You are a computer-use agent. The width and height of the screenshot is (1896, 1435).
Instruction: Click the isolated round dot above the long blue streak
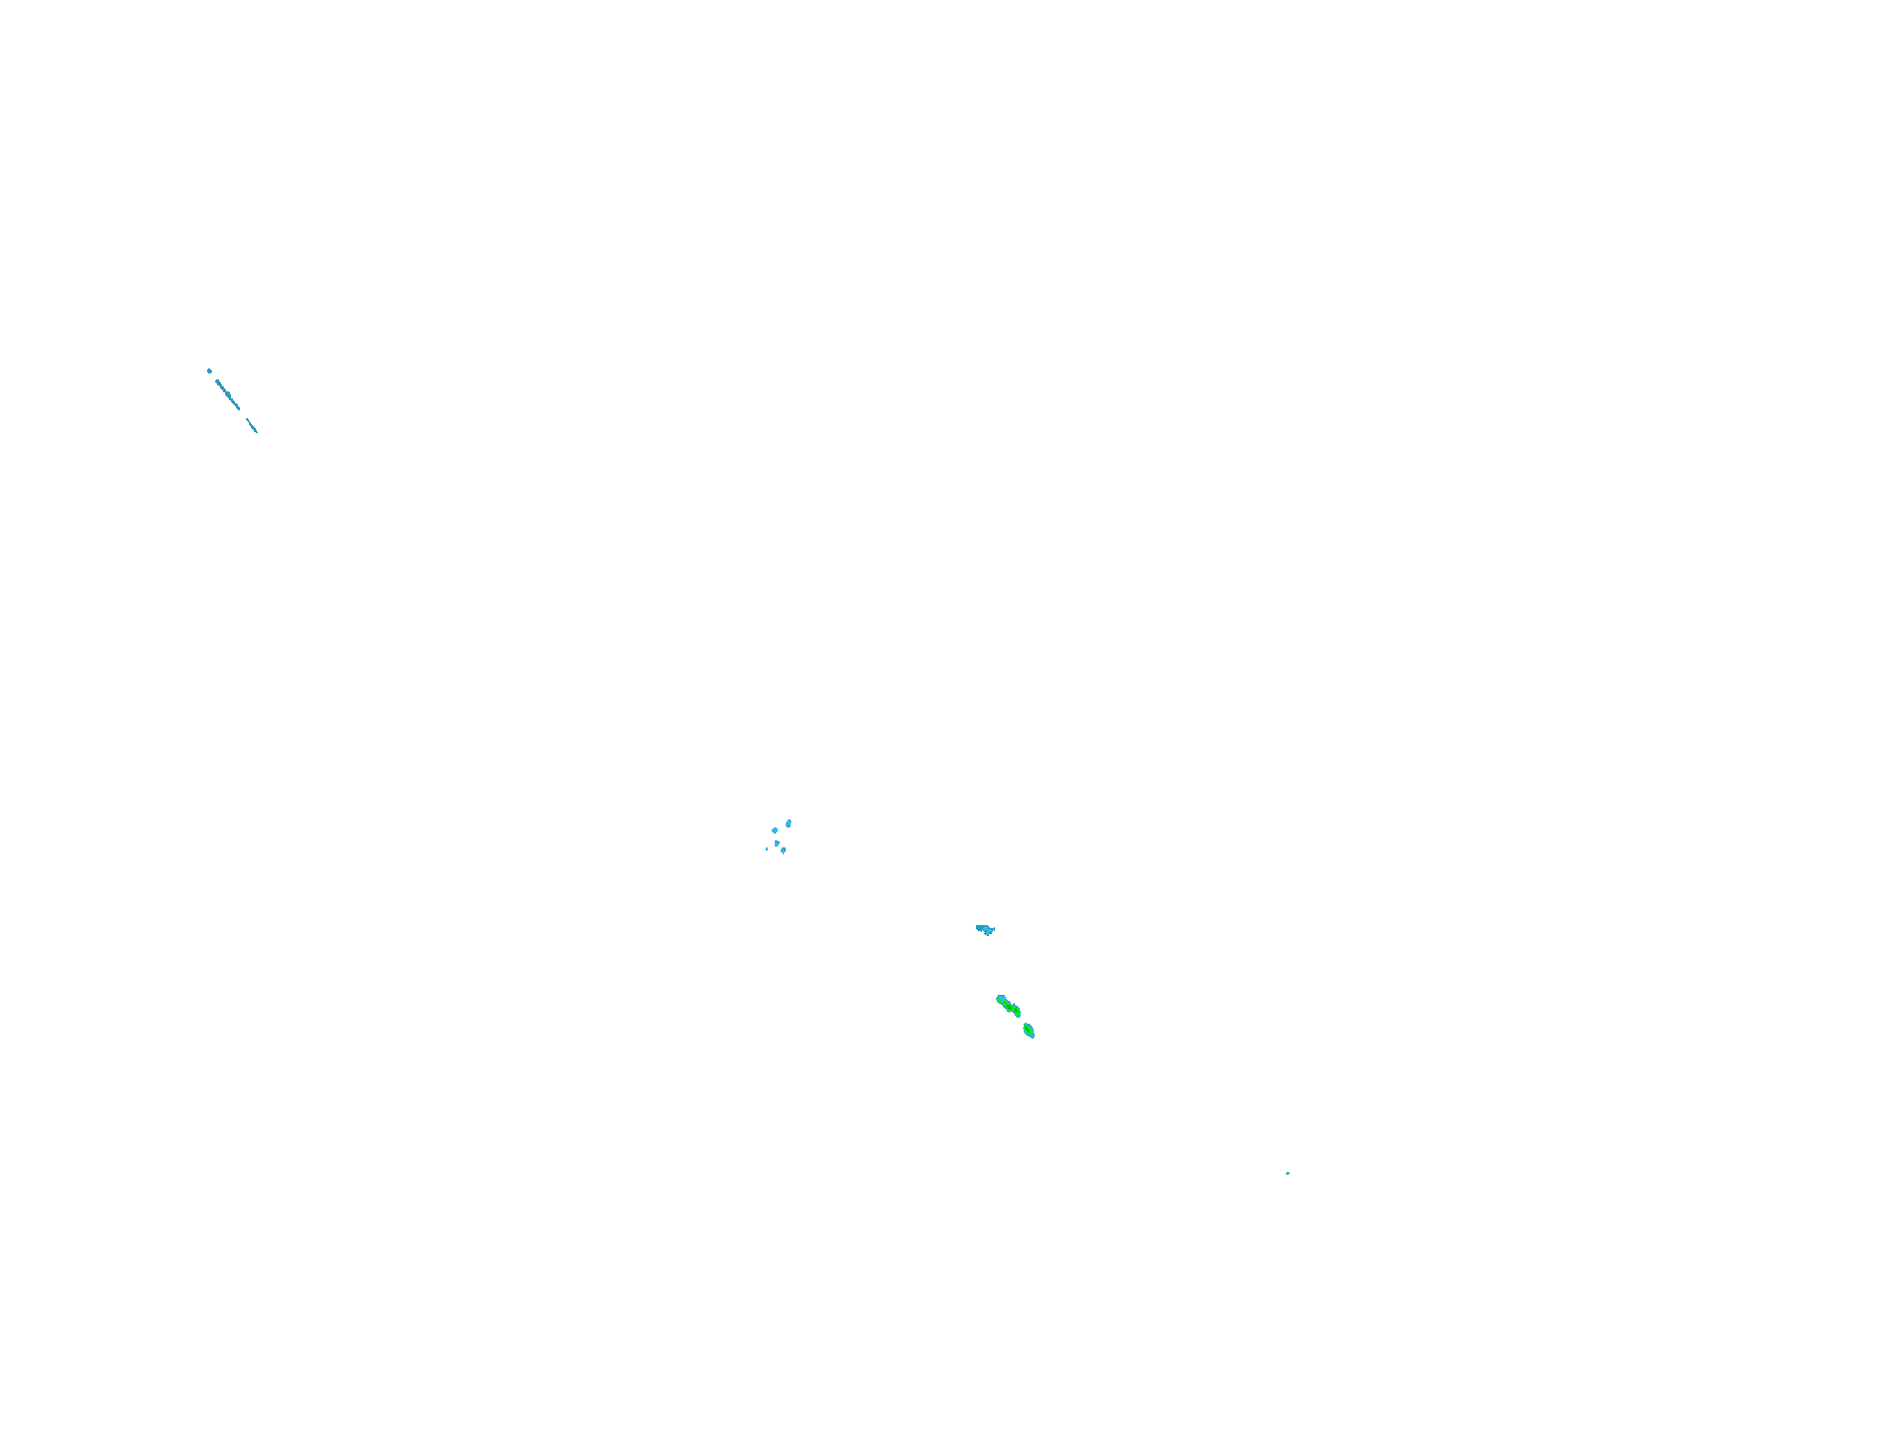209,370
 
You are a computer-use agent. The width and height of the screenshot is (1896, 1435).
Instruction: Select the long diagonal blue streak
228,394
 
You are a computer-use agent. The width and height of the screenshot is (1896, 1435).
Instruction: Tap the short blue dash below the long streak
252,425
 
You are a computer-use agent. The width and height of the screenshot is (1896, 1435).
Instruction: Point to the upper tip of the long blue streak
216,379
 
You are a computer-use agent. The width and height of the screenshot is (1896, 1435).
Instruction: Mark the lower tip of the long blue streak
240,409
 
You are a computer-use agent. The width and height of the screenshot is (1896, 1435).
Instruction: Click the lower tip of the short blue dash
257,432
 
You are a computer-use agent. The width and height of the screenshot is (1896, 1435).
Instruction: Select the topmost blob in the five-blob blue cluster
789,823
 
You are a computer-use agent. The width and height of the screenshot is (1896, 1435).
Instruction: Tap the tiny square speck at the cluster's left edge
767,848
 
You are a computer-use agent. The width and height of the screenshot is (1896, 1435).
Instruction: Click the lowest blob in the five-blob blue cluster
783,850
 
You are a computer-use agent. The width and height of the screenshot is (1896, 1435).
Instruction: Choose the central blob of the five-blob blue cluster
777,842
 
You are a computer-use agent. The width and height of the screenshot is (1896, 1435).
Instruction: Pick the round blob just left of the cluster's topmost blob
775,830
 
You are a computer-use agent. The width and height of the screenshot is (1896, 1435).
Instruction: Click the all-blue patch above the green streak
985,929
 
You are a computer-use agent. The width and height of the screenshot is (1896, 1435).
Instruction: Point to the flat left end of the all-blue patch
978,927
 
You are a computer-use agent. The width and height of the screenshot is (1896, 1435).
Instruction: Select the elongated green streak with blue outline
1009,1006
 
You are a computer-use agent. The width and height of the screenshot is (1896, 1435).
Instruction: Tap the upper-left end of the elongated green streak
999,997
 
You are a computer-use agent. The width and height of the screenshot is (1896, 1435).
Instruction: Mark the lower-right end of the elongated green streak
1019,1014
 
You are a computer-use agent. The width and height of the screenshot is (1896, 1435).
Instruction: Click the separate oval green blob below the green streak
1029,1030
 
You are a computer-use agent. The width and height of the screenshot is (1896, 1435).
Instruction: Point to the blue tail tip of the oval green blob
1034,1037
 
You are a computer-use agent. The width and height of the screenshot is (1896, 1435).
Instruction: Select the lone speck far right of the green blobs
1288,1173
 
